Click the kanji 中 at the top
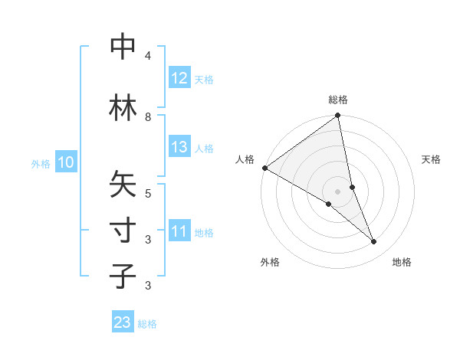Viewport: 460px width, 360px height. tap(123, 47)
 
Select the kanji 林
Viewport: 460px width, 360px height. tap(123, 108)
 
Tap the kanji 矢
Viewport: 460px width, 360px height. tap(123, 185)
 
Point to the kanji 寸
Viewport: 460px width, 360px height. tap(123, 231)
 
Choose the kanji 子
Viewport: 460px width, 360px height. tap(123, 277)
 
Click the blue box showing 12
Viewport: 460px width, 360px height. tap(179, 78)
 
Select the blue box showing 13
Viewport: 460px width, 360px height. tap(179, 147)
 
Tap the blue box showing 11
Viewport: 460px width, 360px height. tap(179, 231)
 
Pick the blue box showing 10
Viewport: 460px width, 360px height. tap(66, 162)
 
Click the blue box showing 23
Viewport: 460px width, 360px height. tap(123, 322)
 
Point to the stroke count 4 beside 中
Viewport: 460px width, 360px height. tap(148, 55)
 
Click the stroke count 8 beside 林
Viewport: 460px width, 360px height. tap(148, 116)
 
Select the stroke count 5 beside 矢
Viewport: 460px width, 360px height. tap(148, 193)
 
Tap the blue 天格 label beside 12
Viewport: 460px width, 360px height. tap(204, 79)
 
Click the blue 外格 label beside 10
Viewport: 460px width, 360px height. tap(41, 163)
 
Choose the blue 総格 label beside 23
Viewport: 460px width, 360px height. tap(147, 323)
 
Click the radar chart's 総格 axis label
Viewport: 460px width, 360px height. tap(338, 100)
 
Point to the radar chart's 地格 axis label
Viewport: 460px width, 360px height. tap(402, 262)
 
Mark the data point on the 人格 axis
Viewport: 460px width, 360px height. tap(264, 168)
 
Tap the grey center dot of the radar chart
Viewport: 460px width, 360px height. tap(338, 191)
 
